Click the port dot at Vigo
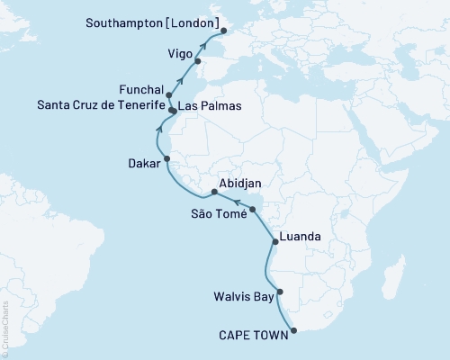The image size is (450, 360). click(x=198, y=61)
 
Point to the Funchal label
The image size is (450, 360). click(x=140, y=90)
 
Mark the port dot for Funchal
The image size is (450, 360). click(x=169, y=94)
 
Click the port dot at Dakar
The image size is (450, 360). click(x=166, y=158)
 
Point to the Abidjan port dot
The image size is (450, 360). click(x=214, y=192)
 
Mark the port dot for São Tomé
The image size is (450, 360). click(x=253, y=210)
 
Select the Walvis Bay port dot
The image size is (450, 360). click(x=281, y=292)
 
